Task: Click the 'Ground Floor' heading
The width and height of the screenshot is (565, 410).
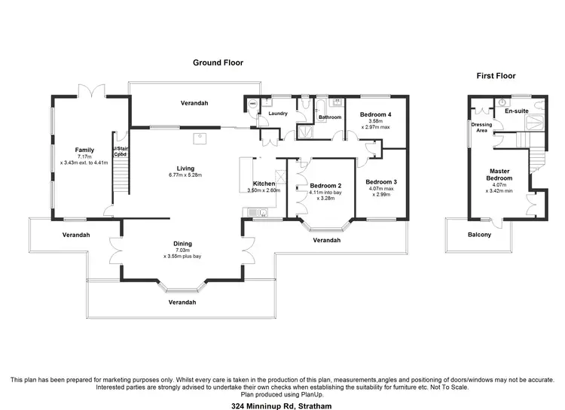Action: tap(218, 62)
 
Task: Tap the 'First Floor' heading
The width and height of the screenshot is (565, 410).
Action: tap(497, 76)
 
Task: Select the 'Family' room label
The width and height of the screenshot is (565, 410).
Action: tap(84, 150)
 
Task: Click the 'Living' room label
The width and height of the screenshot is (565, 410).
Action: tap(185, 168)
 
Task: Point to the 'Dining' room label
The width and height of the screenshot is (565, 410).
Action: tap(182, 243)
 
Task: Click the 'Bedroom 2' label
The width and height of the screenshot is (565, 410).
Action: tap(325, 186)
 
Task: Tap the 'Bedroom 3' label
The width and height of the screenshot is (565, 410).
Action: tap(380, 182)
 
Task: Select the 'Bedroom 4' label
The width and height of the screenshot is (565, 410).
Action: tap(379, 114)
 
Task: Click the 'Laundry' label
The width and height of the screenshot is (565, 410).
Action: tap(278, 114)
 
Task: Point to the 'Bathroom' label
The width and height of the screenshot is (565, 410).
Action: tap(330, 117)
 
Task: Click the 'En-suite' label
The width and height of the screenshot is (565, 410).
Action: tap(516, 111)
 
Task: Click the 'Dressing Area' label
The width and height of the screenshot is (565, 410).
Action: tap(481, 128)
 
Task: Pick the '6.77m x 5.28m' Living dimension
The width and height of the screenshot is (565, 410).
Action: tap(185, 175)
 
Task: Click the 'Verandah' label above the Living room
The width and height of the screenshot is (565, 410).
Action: tap(194, 103)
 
